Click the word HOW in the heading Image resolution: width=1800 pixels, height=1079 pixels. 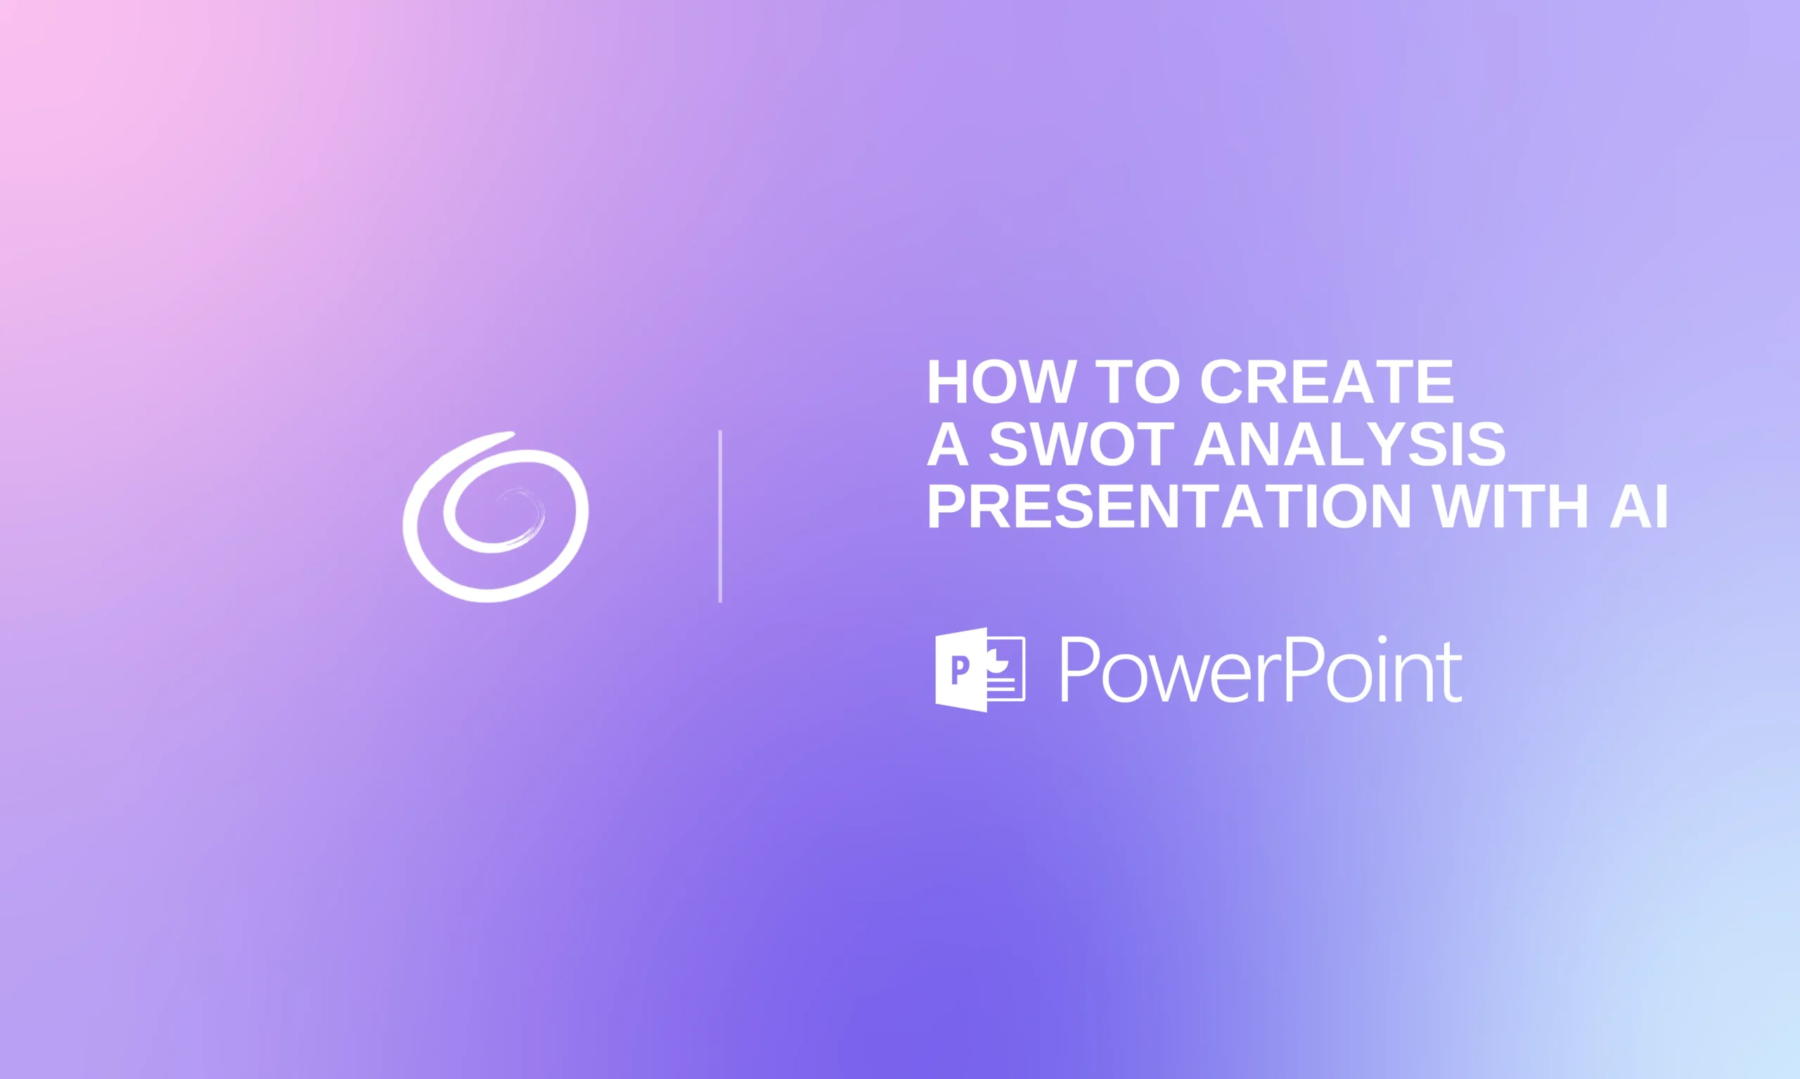point(1001,381)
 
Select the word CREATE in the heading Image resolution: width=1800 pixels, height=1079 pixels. point(1326,381)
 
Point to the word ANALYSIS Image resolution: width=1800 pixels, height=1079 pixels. point(1349,444)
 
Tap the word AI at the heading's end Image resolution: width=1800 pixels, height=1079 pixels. point(1638,506)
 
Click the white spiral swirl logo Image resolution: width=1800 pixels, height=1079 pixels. point(496,518)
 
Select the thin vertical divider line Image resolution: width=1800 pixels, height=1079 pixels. point(719,516)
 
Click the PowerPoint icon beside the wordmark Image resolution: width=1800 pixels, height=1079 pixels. point(979,669)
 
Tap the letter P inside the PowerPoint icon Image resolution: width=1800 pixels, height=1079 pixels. point(960,669)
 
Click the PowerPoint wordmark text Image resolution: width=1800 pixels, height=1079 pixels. point(1260,669)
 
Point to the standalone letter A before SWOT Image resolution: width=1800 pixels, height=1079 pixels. point(947,444)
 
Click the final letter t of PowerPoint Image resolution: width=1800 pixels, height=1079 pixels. point(1452,673)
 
